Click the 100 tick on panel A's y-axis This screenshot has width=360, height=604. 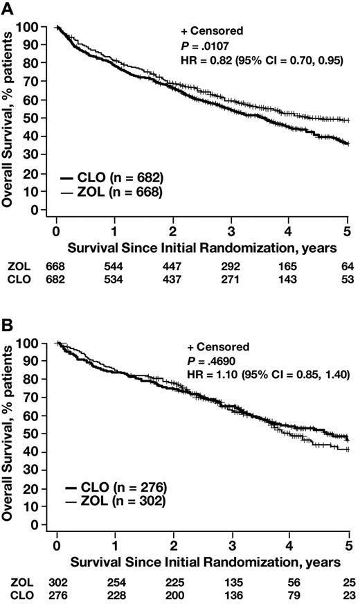(x=42, y=27)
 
